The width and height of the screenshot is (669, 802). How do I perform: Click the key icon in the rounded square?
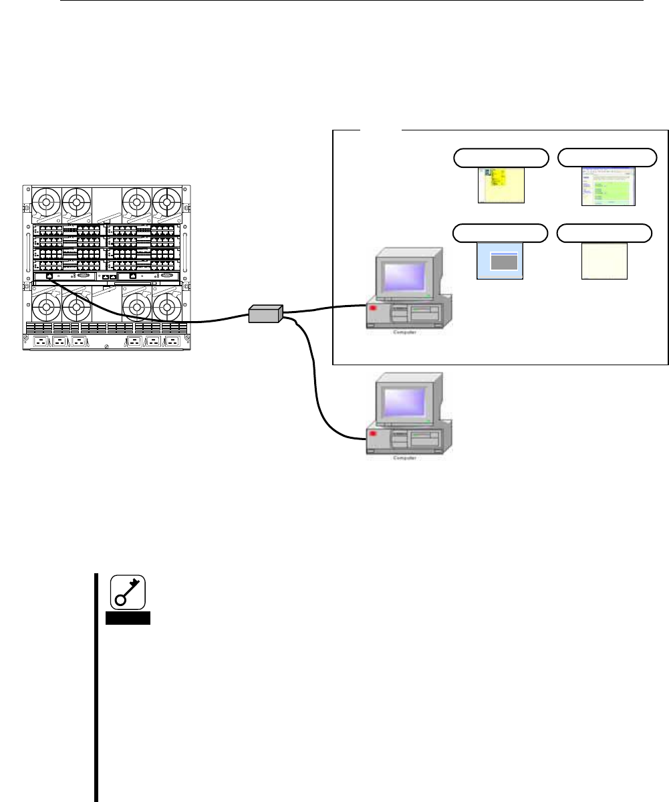[128, 593]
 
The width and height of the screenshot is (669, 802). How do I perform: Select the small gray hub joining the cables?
[265, 313]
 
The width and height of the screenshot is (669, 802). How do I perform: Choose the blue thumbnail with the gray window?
[501, 261]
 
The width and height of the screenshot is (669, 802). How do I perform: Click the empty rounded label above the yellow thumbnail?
[501, 157]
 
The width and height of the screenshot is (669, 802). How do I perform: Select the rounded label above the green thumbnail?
[607, 157]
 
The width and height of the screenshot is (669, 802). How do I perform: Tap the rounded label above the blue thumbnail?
[501, 233]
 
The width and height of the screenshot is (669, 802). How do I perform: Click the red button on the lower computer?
[372, 437]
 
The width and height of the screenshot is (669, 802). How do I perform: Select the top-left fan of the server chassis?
[46, 201]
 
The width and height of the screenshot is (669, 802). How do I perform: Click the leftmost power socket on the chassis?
[41, 342]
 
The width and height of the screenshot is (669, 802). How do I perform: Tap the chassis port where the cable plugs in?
[49, 276]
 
